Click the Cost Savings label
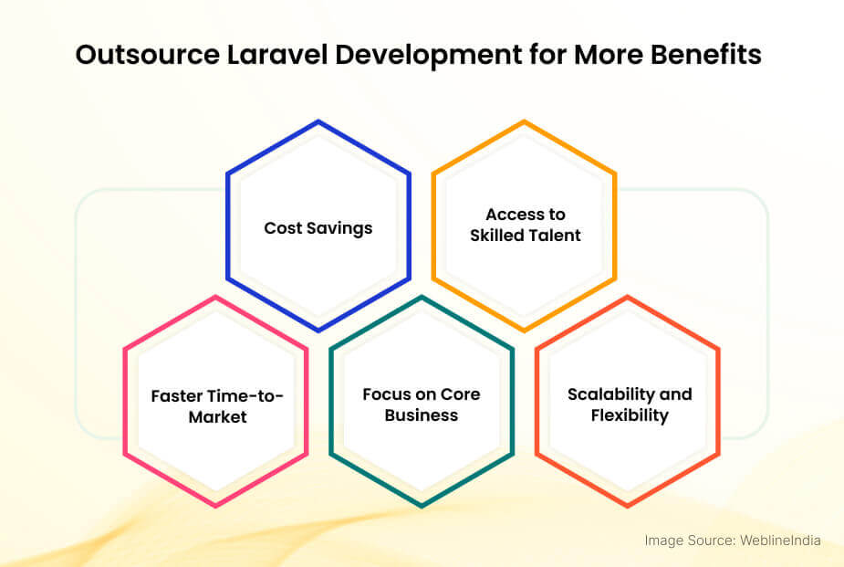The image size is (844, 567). [318, 227]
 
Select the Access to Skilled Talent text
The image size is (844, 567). [525, 225]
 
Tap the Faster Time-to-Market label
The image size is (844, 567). [217, 405]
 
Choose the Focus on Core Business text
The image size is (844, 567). [421, 404]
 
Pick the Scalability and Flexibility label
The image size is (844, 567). [629, 404]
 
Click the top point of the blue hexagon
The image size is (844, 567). [318, 121]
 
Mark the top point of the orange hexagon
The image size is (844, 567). [524, 121]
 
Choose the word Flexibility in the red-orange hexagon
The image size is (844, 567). [629, 415]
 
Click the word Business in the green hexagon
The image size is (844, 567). [421, 415]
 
